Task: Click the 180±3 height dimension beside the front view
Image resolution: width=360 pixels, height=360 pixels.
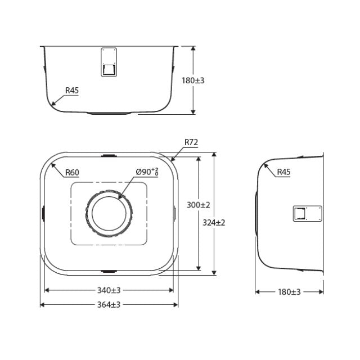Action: click(x=193, y=81)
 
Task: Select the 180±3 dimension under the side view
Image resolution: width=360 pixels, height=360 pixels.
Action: click(x=289, y=291)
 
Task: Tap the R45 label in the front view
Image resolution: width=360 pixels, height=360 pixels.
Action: click(x=71, y=90)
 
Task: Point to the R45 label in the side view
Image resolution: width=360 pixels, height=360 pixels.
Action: click(x=283, y=172)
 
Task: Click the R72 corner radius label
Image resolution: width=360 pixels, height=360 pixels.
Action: click(x=191, y=143)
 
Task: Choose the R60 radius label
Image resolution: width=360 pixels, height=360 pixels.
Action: click(x=71, y=172)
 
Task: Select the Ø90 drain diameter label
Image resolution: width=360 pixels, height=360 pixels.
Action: click(x=147, y=172)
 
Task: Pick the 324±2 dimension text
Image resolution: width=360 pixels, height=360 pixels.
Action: click(x=213, y=222)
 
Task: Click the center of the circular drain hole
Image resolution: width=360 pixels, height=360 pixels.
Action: click(x=109, y=214)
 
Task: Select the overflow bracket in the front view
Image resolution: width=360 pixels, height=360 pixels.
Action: click(x=109, y=62)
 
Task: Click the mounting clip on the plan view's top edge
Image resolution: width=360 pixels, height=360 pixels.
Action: click(x=109, y=154)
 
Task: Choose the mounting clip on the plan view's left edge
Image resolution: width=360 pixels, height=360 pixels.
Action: click(x=43, y=213)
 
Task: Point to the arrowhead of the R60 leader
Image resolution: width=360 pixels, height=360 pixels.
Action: click(x=52, y=164)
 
